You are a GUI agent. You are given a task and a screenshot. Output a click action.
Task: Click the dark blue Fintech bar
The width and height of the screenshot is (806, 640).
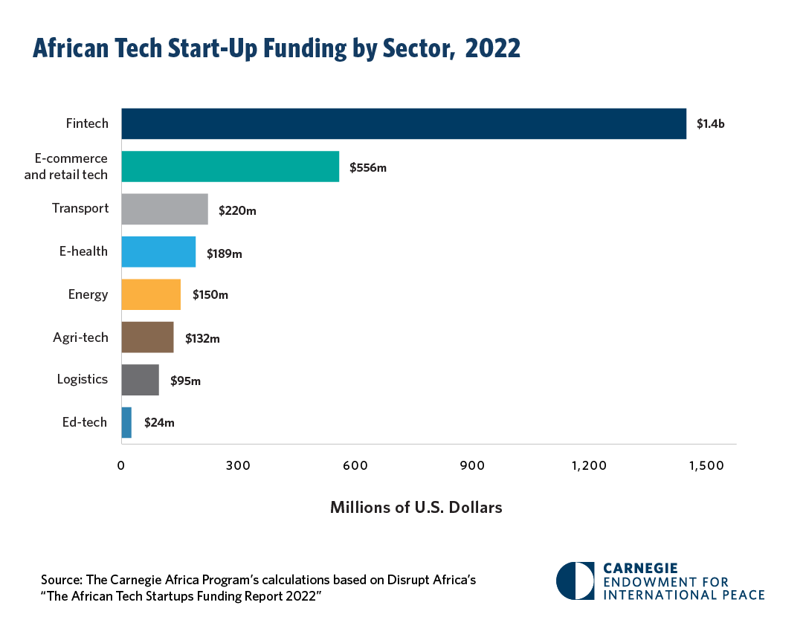click(404, 123)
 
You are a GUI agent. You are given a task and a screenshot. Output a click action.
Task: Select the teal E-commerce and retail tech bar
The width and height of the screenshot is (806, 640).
click(230, 167)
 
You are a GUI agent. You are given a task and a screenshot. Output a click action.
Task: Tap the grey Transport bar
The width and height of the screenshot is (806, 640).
click(164, 210)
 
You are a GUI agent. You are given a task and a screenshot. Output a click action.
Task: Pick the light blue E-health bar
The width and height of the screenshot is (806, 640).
click(158, 252)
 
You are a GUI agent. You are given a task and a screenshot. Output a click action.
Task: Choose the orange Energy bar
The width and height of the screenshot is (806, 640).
click(151, 294)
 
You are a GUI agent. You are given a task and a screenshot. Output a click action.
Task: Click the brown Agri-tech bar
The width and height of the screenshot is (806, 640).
click(147, 337)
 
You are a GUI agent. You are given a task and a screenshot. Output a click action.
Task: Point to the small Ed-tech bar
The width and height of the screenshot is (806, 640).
click(126, 422)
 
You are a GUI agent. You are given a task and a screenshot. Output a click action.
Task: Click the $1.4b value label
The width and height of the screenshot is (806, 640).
click(710, 124)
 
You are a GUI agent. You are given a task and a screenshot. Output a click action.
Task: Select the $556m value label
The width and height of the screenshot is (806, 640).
click(369, 167)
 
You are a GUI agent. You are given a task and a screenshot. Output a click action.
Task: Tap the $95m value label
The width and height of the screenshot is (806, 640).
click(185, 381)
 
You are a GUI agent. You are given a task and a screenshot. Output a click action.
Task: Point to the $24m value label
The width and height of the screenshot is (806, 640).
click(159, 423)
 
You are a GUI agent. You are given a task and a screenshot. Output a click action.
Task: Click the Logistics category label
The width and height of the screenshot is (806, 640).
click(83, 379)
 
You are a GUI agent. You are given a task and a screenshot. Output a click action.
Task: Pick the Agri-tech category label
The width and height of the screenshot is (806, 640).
click(80, 337)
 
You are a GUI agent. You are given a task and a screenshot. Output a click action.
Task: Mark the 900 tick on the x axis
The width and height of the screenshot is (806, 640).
click(472, 466)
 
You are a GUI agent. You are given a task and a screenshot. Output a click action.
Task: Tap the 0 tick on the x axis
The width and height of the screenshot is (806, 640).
click(121, 466)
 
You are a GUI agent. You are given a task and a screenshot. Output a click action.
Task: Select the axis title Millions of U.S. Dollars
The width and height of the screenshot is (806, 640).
click(416, 508)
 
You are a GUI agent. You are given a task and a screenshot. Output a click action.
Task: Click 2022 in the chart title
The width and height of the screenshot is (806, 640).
click(492, 49)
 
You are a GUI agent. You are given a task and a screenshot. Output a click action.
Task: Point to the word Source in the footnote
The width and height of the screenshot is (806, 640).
click(61, 580)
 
